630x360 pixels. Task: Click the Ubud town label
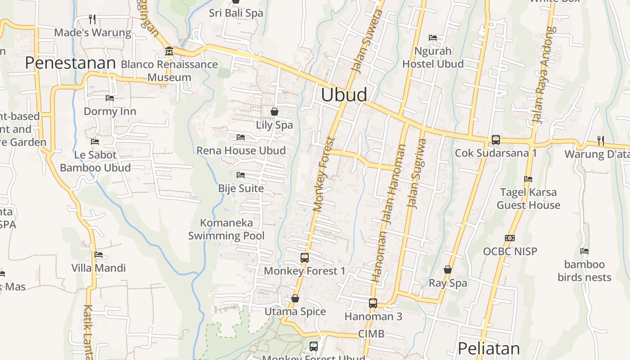tap(344, 95)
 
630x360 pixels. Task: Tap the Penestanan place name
tap(70, 63)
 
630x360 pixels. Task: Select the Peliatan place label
tap(489, 348)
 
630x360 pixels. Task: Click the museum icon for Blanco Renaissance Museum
tap(169, 51)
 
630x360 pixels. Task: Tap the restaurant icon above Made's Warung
tap(92, 19)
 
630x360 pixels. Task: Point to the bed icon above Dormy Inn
tap(110, 98)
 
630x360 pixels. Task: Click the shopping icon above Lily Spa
tap(274, 112)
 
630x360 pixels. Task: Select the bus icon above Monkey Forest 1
tap(305, 258)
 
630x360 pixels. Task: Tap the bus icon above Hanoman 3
tap(373, 303)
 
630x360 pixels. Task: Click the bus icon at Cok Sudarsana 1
tap(495, 140)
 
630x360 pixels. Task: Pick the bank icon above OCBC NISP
tap(510, 238)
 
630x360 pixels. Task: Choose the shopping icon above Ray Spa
tap(448, 270)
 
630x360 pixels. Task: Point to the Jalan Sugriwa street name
tap(416, 173)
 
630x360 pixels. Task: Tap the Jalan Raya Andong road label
tap(542, 75)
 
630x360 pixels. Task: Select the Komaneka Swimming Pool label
tap(226, 229)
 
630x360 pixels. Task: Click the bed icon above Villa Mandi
tap(99, 255)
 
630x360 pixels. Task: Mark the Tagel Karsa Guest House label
tap(528, 198)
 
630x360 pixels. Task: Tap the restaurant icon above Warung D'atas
tap(601, 141)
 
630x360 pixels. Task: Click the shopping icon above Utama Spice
tap(295, 298)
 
